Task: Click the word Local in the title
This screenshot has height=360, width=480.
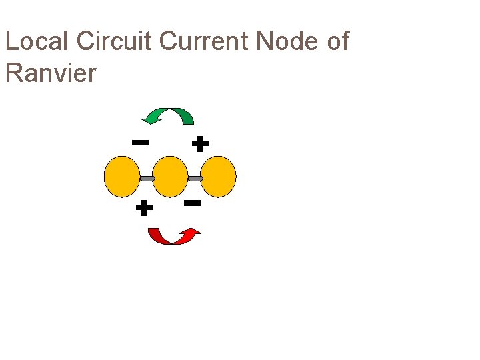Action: (37, 41)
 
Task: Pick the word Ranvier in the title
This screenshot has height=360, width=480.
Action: (51, 73)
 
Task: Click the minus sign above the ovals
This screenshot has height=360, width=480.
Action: (140, 142)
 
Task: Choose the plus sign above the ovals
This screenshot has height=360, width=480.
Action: (200, 143)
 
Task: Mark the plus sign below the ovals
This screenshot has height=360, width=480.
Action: (144, 209)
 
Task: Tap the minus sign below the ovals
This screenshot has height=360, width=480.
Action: (193, 202)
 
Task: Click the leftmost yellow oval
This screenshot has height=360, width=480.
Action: (122, 177)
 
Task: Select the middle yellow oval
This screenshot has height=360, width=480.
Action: (170, 177)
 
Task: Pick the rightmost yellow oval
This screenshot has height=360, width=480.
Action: (218, 177)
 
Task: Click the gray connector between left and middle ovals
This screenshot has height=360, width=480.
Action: (146, 179)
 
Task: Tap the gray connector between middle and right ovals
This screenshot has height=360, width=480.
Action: (195, 179)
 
